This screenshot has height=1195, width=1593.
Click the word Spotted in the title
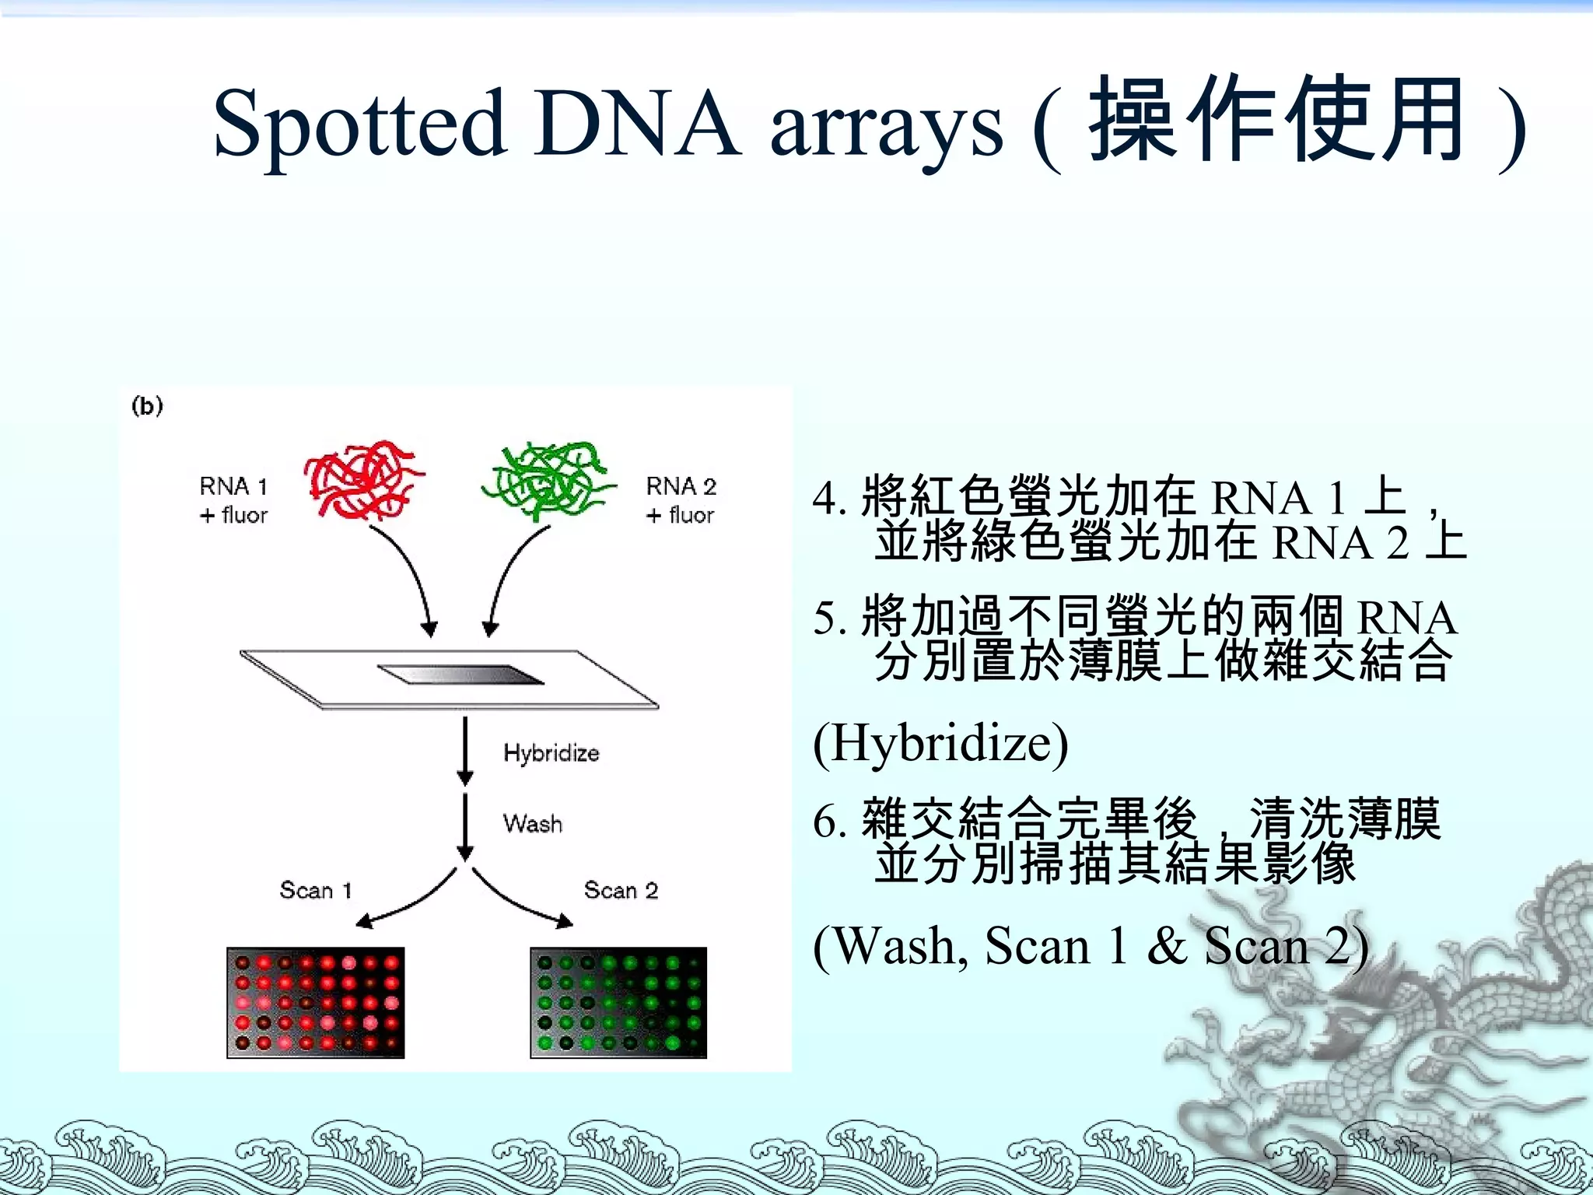click(x=359, y=124)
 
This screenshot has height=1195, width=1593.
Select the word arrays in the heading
click(x=886, y=128)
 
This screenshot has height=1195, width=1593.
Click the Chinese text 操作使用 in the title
click(x=1276, y=121)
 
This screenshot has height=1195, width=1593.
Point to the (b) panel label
click(x=147, y=406)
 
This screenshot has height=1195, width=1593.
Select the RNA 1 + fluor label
click(x=233, y=500)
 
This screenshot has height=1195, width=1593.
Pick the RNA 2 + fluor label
click(x=681, y=500)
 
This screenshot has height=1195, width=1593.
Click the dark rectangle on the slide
click(x=460, y=675)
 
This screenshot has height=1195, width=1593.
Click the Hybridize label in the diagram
click(x=551, y=753)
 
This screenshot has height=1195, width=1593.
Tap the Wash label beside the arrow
click(x=532, y=823)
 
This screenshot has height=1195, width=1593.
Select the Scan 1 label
click(x=316, y=890)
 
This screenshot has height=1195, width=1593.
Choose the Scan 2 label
click(x=621, y=890)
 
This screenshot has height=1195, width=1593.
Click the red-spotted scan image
click(x=316, y=1002)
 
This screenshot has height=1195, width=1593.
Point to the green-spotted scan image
click(x=618, y=1002)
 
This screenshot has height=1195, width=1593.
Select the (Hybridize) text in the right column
click(x=940, y=744)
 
